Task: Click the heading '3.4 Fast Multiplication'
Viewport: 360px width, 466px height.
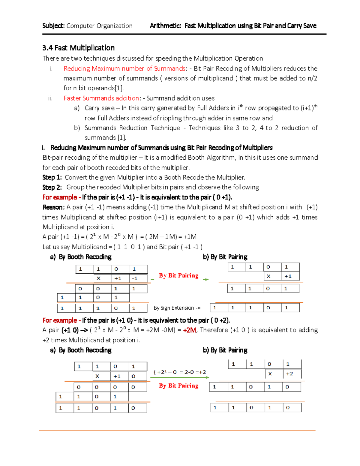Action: [78, 48]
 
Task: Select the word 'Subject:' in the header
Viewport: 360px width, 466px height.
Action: [53, 26]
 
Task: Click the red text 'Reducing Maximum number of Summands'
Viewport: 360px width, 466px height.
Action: [124, 68]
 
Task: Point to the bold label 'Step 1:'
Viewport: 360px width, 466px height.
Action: [52, 177]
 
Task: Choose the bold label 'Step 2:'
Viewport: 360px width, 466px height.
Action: [52, 187]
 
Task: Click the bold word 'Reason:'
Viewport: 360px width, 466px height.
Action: [53, 207]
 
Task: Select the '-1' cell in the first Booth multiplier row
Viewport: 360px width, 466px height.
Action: [135, 278]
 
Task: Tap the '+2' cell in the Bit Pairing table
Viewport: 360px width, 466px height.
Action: [289, 374]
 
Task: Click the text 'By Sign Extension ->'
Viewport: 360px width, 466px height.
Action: [177, 308]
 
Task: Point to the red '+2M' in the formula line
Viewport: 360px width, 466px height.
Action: [189, 330]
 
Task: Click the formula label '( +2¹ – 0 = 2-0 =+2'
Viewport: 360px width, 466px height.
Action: [180, 372]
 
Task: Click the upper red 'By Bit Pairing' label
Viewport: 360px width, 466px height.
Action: [179, 275]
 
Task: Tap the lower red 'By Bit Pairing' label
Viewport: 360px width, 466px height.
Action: [179, 386]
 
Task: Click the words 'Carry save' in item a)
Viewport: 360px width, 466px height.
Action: [99, 108]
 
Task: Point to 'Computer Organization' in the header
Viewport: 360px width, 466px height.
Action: [100, 26]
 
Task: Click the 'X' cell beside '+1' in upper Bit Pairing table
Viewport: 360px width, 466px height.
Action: [268, 276]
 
